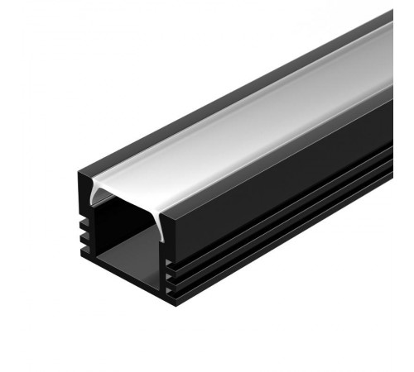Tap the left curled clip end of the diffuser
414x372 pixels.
(x=98, y=196)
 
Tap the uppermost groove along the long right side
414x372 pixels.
(x=290, y=198)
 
